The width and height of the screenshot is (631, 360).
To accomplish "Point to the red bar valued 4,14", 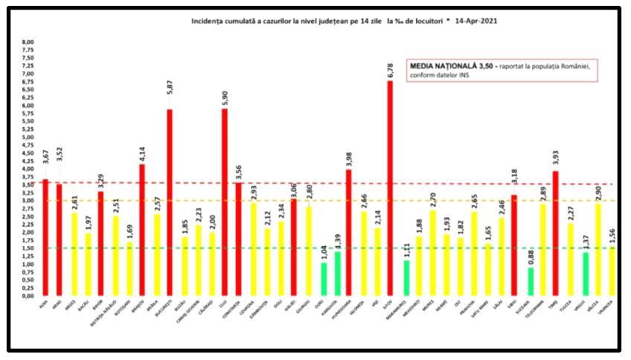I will pos(141,230).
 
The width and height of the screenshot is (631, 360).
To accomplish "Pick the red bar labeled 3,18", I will pos(513,245).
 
